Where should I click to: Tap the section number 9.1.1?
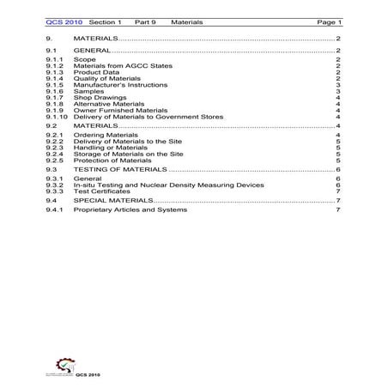coord(55,59)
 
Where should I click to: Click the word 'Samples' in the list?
coord(88,91)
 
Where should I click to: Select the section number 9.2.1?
coord(55,136)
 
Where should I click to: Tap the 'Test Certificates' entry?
coord(99,191)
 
